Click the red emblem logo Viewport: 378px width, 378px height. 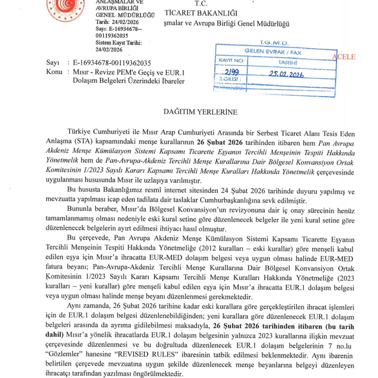coord(65,9)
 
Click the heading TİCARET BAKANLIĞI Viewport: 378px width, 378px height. coord(201,13)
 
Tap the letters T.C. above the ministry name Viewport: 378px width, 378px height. coord(201,3)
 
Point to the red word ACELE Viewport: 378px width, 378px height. coord(344,57)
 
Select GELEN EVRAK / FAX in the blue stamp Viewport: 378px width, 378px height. coord(273,52)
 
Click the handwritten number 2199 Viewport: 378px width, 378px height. coord(232,72)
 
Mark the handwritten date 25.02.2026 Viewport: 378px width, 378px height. coord(286,74)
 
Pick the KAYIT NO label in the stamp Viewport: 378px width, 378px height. coord(231,60)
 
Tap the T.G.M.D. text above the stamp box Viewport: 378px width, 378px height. coord(274,43)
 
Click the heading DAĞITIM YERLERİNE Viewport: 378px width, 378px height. coord(200,112)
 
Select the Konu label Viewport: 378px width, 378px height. coord(54,72)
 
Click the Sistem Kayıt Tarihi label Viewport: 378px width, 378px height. coord(118,43)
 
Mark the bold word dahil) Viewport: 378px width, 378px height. coord(54,335)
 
